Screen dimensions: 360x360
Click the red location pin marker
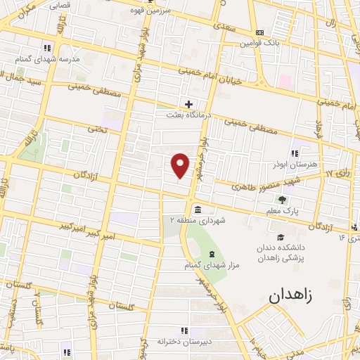point(181,165)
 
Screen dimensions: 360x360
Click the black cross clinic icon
point(188,104)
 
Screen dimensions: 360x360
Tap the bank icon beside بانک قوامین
point(260,32)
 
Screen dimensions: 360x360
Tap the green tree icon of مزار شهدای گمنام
point(210,252)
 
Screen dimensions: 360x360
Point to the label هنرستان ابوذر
point(292,162)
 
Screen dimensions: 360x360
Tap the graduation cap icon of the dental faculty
point(281,237)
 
